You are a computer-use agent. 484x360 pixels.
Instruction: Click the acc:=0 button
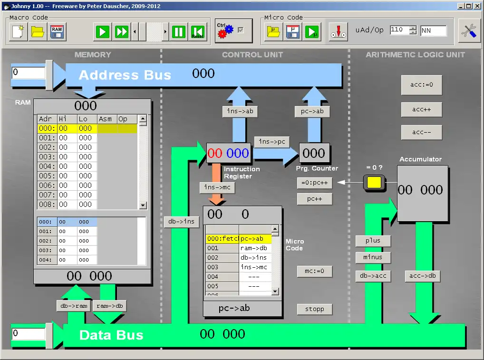click(421, 86)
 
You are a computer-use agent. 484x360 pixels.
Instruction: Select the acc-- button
click(421, 132)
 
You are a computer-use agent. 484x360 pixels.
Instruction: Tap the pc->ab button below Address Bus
click(312, 112)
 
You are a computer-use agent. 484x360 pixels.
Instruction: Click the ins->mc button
click(217, 187)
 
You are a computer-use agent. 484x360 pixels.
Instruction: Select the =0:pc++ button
click(314, 183)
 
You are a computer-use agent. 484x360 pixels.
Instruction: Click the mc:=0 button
click(314, 272)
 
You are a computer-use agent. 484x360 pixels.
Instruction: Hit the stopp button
click(314, 309)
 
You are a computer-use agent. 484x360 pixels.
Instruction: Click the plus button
click(373, 241)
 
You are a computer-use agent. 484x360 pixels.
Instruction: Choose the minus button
click(373, 258)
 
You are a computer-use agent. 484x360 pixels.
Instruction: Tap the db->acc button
click(373, 276)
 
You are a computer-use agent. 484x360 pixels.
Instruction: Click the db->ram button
click(74, 306)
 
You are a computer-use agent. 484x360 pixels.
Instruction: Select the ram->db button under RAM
click(109, 306)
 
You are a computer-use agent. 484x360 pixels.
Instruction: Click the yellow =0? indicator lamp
click(374, 183)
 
